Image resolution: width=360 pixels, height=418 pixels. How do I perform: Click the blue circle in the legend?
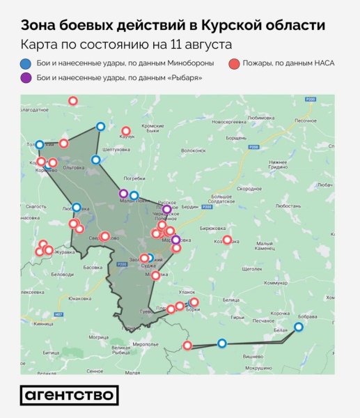(x=26, y=63)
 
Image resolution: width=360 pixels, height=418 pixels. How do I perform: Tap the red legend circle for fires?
(x=234, y=63)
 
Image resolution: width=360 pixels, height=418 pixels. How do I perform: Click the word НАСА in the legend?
(x=322, y=63)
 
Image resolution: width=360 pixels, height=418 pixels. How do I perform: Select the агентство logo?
(x=69, y=395)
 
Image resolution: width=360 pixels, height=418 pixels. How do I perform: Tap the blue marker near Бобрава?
(x=299, y=327)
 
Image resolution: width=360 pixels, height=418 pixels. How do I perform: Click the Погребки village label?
(x=134, y=178)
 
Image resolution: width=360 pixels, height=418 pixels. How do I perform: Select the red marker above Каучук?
(x=126, y=130)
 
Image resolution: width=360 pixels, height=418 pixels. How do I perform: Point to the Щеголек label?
(x=251, y=268)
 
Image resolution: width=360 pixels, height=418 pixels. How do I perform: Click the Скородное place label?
(x=249, y=189)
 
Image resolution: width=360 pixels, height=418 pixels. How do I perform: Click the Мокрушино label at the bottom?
(x=258, y=368)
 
